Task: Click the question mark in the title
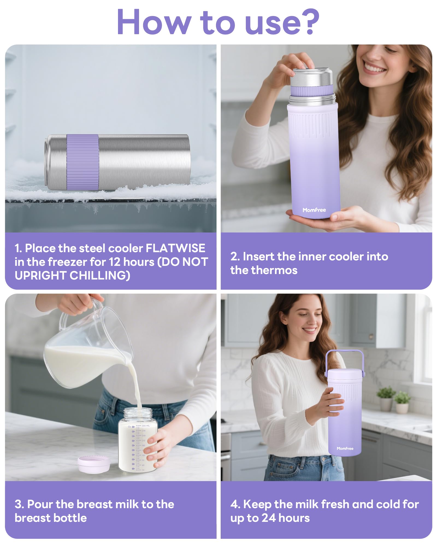310,22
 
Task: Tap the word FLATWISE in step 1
175,248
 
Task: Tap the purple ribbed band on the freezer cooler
83,162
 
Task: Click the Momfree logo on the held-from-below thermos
314,210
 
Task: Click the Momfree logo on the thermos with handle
345,449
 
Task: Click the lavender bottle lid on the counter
94,464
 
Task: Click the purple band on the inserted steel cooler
312,90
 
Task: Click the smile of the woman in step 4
310,330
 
